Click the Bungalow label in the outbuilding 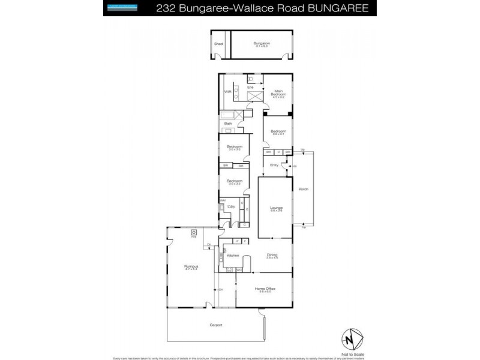260,44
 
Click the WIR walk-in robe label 227,92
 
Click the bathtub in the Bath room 229,114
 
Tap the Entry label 274,164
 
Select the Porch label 304,190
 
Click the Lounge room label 276,208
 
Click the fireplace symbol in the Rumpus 194,232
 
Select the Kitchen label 233,255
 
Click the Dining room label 272,255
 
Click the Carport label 215,325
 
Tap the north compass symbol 352,339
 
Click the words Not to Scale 352,354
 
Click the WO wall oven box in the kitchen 238,270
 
